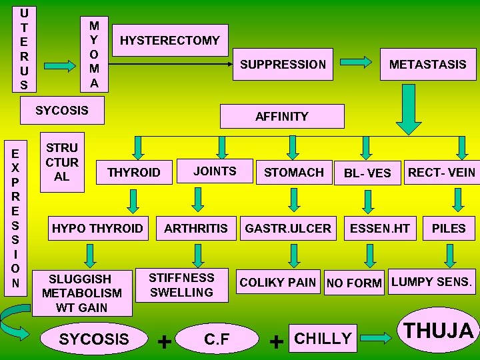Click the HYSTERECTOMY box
(169, 40)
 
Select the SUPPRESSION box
(283, 65)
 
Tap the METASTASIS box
(427, 65)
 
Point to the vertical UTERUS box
(24, 48)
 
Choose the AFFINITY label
(281, 116)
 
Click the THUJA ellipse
(439, 330)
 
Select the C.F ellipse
(217, 339)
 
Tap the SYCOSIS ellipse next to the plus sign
(94, 339)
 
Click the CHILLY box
(323, 338)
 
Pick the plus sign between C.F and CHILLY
(274, 341)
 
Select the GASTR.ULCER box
(288, 229)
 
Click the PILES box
(449, 229)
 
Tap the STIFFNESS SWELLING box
(181, 285)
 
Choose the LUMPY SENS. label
(431, 281)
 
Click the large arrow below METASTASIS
(405, 113)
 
